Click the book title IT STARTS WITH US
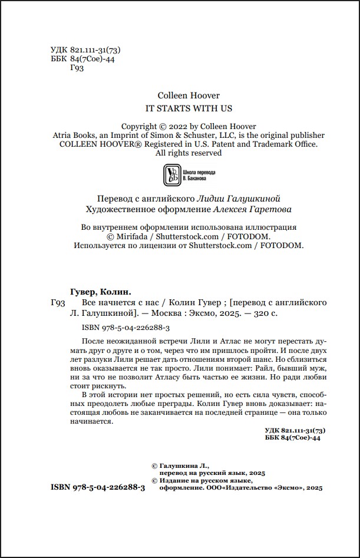tap(189, 108)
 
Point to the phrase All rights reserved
tap(189, 153)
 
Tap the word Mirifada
tap(131, 236)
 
